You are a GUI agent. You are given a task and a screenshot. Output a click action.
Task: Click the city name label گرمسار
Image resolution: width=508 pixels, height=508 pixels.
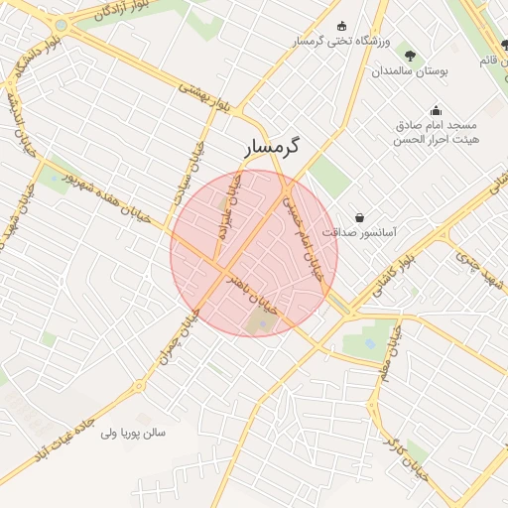coord(275,147)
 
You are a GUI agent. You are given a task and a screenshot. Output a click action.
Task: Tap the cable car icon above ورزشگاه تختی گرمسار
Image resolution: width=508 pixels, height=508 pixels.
coord(342,26)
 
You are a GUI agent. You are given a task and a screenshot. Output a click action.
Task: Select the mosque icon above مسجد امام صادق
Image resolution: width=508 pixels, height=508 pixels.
coord(436,110)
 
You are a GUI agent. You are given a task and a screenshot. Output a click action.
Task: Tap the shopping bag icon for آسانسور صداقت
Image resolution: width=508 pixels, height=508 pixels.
coord(358,216)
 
